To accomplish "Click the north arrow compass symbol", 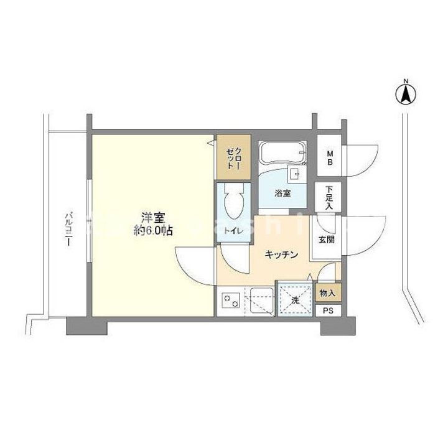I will (x=406, y=94).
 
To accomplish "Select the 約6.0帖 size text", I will (x=152, y=230).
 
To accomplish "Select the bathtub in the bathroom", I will (x=283, y=152).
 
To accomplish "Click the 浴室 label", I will (x=283, y=193).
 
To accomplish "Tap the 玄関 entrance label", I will (x=327, y=238).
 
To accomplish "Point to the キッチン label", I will (x=283, y=254).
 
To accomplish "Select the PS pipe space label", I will (x=327, y=309).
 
